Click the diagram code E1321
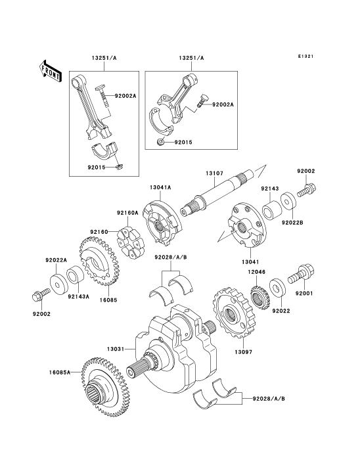tap(305, 56)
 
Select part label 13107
tap(215, 173)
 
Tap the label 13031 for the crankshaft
tap(116, 349)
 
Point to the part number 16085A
tap(60, 372)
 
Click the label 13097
tap(243, 351)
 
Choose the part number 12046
tap(257, 272)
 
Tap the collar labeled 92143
tap(272, 212)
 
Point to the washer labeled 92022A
tap(57, 284)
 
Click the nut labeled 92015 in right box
tap(161, 142)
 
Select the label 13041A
tap(160, 187)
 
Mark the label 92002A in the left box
tap(125, 96)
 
